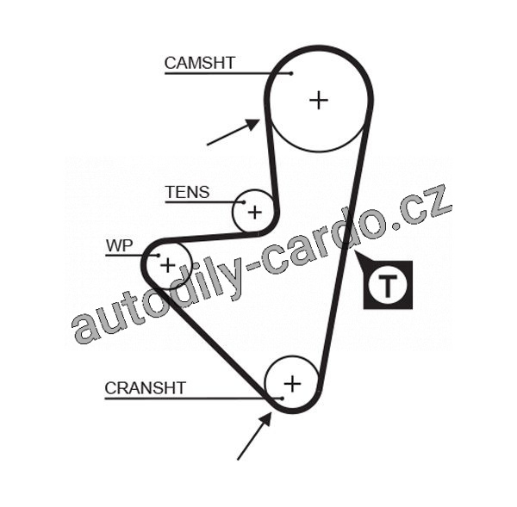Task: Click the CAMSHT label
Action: [199, 63]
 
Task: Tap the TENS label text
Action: [187, 192]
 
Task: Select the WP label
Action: [119, 246]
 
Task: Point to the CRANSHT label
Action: [145, 388]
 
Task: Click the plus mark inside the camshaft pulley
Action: [319, 100]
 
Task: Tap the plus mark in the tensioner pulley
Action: [254, 210]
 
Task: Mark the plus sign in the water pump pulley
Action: [168, 264]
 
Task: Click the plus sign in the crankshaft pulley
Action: [292, 383]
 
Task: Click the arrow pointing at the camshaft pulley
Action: [234, 132]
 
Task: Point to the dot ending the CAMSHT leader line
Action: [291, 73]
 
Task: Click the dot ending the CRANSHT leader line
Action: [281, 398]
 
